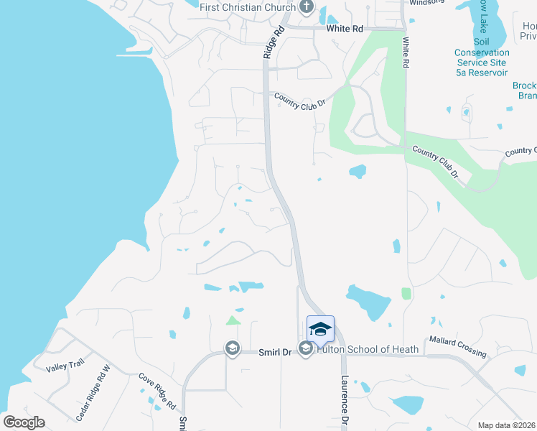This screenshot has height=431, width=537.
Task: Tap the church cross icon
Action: click(307, 8)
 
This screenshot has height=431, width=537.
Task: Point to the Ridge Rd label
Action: click(274, 42)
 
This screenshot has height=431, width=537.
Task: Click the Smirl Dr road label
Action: click(275, 352)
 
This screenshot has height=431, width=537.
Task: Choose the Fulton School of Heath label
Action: click(368, 349)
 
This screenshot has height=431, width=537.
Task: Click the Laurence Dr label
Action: click(345, 402)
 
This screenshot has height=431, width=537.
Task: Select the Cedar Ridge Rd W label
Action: click(93, 394)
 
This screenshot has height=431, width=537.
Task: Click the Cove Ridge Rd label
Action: click(157, 391)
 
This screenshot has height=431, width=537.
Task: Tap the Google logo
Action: click(24, 422)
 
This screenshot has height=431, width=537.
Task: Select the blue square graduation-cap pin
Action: click(320, 329)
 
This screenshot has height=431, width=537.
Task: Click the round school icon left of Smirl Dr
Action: click(232, 348)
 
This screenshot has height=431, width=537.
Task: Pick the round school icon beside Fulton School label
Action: click(306, 349)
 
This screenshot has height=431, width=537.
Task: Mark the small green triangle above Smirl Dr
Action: click(232, 320)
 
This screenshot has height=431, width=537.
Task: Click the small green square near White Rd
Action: click(406, 293)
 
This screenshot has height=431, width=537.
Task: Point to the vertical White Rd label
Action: click(406, 53)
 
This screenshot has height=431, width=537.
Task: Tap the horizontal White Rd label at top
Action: click(345, 29)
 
